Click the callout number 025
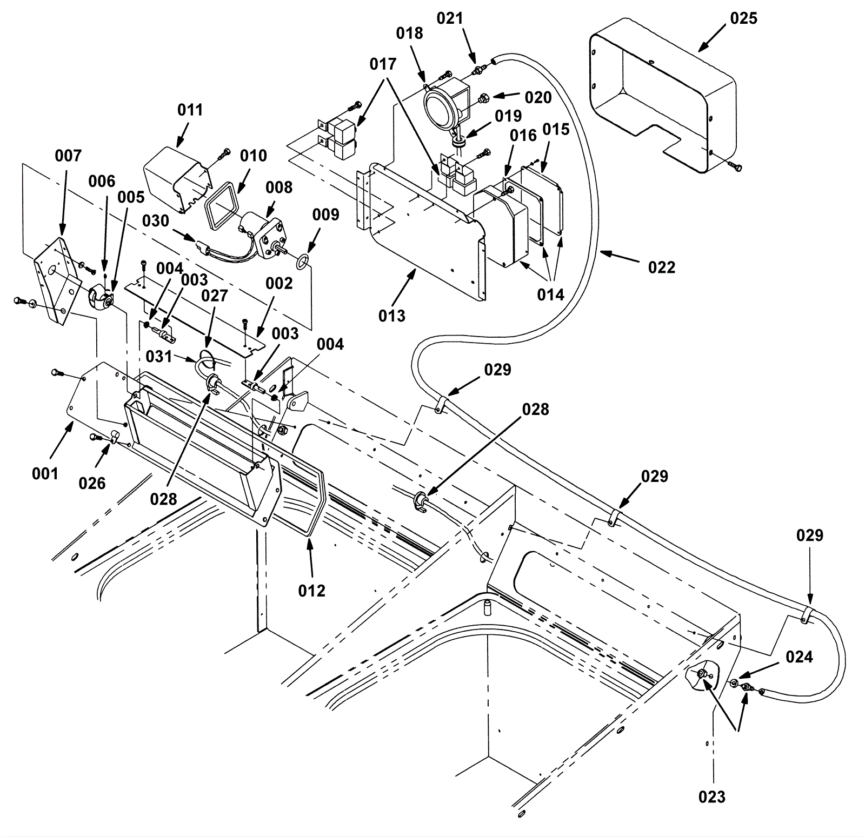click(x=743, y=18)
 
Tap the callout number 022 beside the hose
click(x=662, y=267)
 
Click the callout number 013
click(x=391, y=316)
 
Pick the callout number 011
click(x=190, y=110)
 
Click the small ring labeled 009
click(x=303, y=263)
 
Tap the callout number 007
click(x=68, y=156)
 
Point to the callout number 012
click(x=312, y=591)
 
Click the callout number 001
click(x=45, y=473)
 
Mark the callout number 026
click(x=92, y=483)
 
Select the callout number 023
click(x=712, y=796)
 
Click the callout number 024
click(x=799, y=657)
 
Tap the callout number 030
click(x=156, y=221)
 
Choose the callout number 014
click(x=550, y=294)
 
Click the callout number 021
click(x=450, y=18)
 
